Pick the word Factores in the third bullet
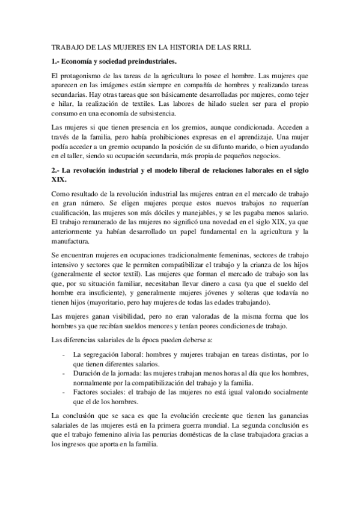[87, 392]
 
